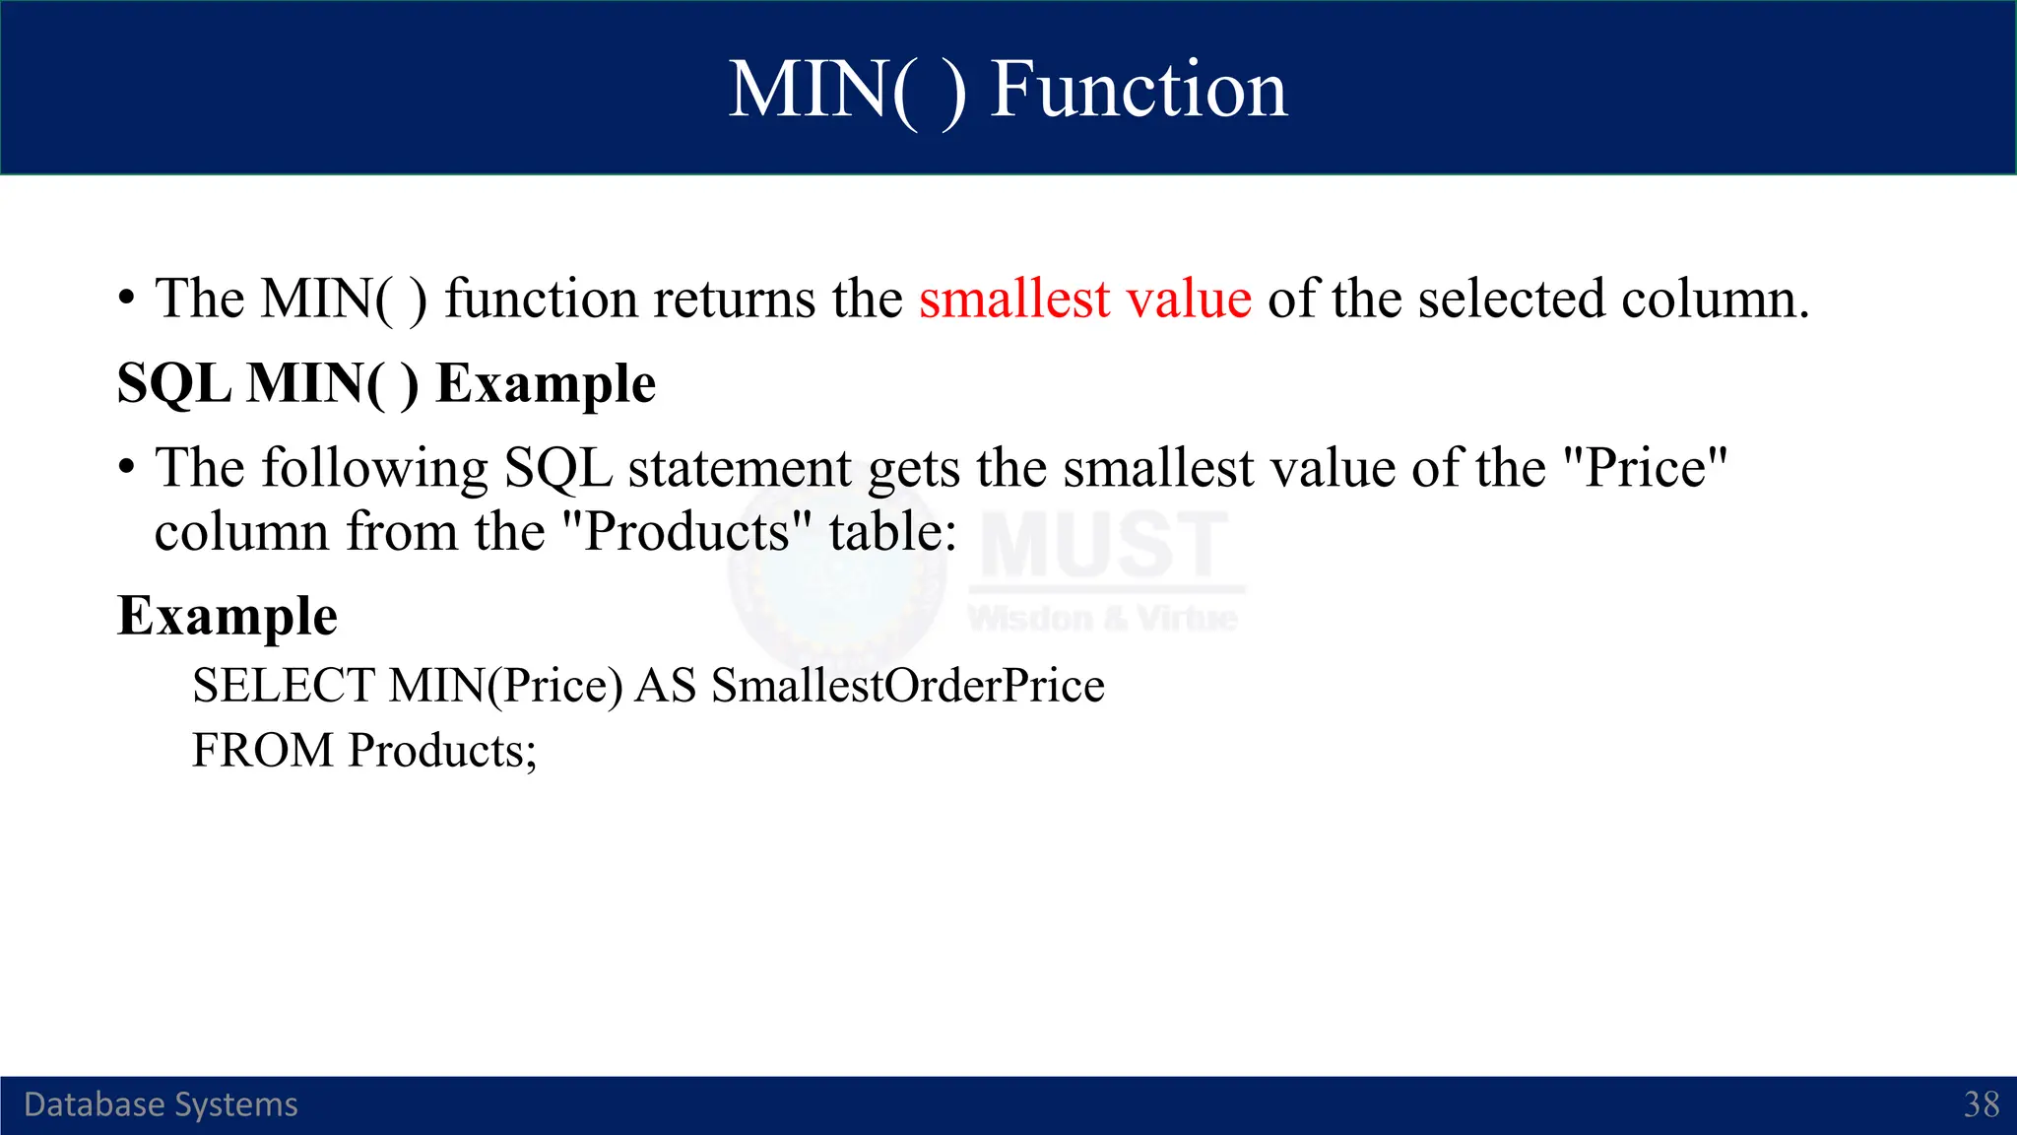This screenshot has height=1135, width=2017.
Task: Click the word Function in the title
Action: click(x=1138, y=90)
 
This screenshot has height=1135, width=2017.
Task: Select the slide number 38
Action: click(x=1981, y=1104)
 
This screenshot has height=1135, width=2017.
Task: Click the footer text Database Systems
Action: click(x=161, y=1104)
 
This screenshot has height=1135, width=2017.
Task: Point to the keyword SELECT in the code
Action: click(x=284, y=686)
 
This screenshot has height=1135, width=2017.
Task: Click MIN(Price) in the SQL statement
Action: click(x=505, y=686)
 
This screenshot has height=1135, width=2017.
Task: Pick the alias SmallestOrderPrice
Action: click(x=907, y=686)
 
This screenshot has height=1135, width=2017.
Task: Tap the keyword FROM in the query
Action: click(x=263, y=751)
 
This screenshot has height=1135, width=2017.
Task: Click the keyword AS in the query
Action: click(x=666, y=686)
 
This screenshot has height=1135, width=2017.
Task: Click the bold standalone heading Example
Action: click(x=228, y=617)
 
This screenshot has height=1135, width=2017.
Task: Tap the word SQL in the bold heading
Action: click(x=173, y=383)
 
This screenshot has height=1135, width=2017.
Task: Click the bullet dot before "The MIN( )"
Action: click(x=126, y=299)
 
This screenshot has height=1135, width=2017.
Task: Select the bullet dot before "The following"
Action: click(x=126, y=468)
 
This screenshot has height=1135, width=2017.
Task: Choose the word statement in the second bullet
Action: click(x=739, y=468)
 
